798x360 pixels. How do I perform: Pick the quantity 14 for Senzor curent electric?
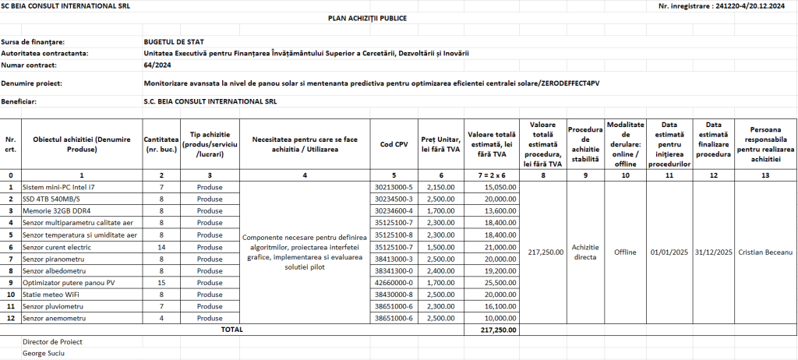pyautogui.click(x=161, y=247)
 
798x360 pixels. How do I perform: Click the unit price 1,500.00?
pyautogui.click(x=441, y=247)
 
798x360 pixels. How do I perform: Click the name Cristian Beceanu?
pyautogui.click(x=765, y=252)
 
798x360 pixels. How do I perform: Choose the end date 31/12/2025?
pyautogui.click(x=713, y=252)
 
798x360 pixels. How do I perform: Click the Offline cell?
pyautogui.click(x=625, y=252)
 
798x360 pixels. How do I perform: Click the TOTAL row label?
pyautogui.click(x=231, y=330)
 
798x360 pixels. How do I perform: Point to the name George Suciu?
pyautogui.click(x=44, y=353)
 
